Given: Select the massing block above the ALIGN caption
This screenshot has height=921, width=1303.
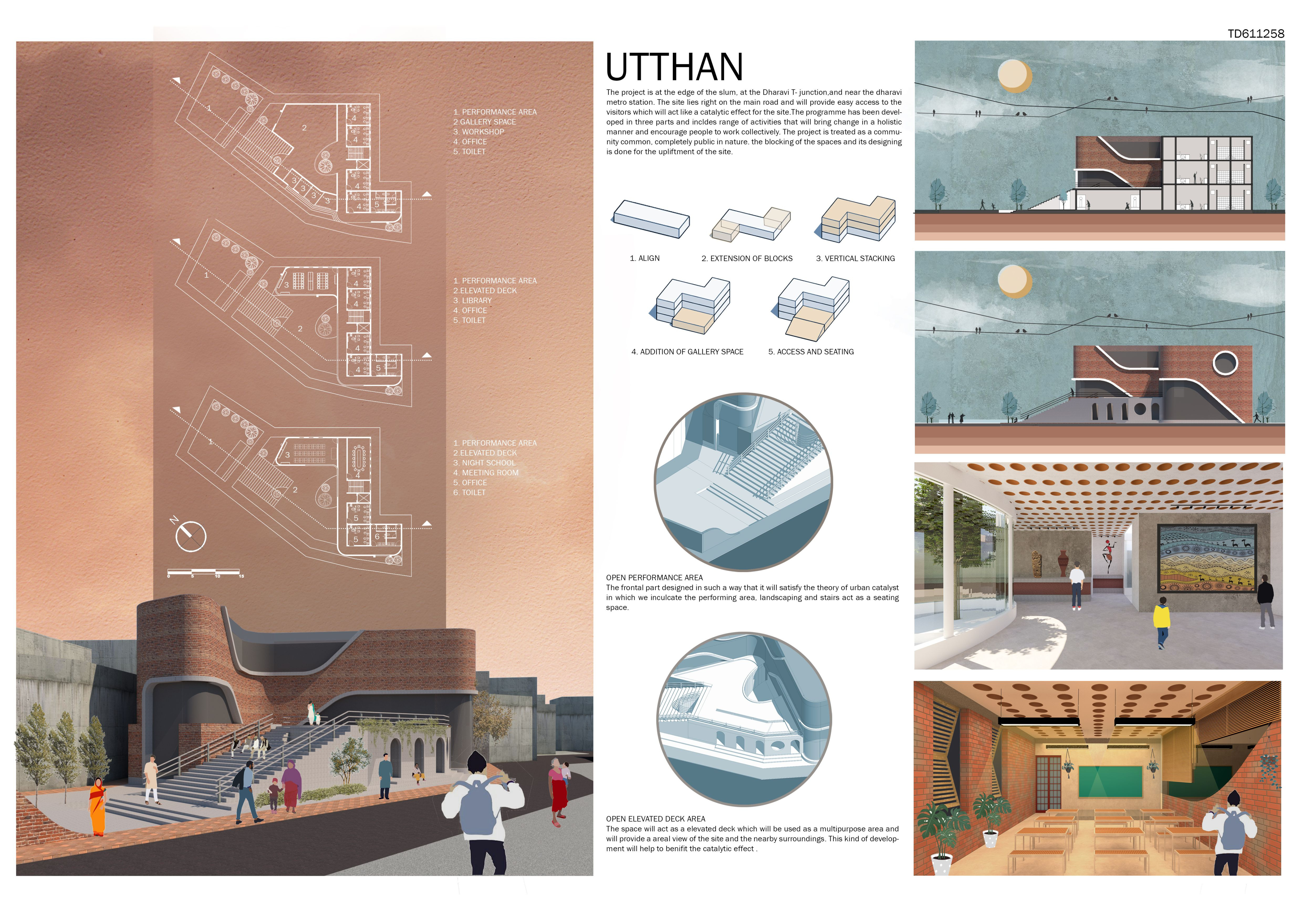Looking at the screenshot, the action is coord(651,218).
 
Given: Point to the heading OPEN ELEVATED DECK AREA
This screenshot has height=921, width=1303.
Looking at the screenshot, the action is coord(655,819).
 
